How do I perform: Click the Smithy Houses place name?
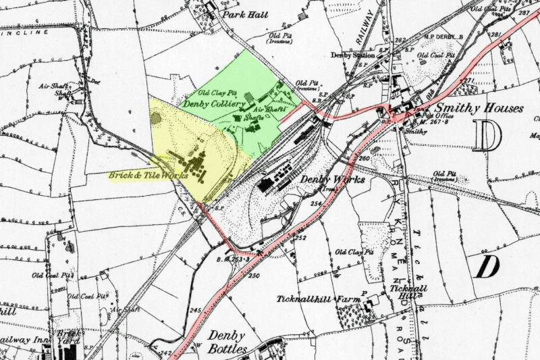click(479, 108)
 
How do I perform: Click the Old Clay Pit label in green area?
click(217, 93)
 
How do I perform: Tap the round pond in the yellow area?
click(157, 119)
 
